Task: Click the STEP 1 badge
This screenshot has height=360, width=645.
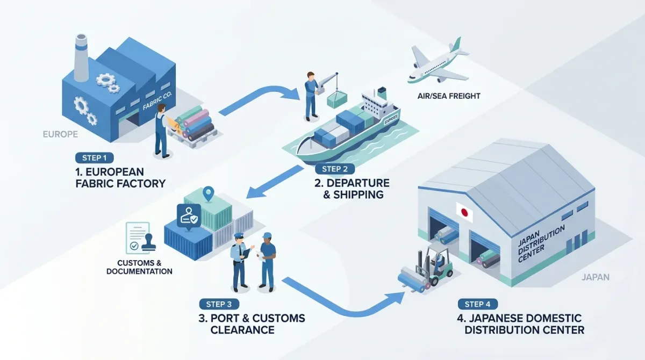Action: point(95,158)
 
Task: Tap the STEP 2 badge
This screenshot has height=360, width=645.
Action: point(334,169)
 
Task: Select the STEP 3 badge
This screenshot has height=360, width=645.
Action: point(219,304)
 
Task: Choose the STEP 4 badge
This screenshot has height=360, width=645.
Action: point(478,304)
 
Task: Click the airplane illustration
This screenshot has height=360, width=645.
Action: point(438,62)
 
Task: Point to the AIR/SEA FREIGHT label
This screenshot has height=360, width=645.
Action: point(449,96)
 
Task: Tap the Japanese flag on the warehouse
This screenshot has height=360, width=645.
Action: point(464,212)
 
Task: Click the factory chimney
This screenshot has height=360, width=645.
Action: point(81,57)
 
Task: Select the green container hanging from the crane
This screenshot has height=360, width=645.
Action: point(337,99)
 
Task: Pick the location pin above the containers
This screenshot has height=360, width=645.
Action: point(208,194)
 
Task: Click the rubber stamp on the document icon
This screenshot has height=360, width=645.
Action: point(148,242)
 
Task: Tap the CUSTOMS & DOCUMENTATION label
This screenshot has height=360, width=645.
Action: point(139,267)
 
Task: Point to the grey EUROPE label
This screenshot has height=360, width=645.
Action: point(60,134)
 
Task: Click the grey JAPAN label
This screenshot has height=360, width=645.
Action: point(596,277)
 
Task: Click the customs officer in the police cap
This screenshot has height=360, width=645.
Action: point(240,261)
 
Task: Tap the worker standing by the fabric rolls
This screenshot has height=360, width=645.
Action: point(162,131)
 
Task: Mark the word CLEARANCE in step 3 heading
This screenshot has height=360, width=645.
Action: point(242,330)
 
